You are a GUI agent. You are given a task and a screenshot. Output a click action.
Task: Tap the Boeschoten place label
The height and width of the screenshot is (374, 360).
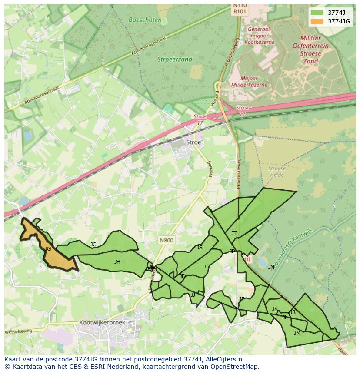coord(145,20)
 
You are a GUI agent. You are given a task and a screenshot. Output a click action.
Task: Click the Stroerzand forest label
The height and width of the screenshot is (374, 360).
coord(175,60)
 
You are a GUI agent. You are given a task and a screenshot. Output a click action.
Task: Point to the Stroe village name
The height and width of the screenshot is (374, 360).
coord(193,142)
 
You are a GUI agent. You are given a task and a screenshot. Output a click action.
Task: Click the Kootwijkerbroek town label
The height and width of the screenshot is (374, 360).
coord(102,323)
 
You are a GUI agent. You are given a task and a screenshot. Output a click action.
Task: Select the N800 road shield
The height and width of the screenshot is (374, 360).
coord(166,240)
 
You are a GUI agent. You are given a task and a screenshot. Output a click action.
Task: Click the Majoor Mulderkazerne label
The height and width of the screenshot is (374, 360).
coord(249,82)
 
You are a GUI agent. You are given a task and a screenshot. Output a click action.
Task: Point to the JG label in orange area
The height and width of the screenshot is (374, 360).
coord(48,249)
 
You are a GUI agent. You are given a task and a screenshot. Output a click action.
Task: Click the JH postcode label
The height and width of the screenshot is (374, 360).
coord(117,261)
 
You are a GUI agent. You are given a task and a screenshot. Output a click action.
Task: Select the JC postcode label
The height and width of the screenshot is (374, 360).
coord(93,245)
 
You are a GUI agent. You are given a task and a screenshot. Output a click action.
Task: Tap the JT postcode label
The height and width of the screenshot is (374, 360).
coord(234,233)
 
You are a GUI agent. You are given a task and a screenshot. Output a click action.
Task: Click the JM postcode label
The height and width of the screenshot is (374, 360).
coord(297,333)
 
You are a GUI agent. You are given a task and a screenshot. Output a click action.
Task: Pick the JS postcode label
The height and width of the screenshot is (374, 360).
coord(200,248)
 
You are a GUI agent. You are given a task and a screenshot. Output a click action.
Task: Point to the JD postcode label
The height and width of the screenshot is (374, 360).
coord(183,276)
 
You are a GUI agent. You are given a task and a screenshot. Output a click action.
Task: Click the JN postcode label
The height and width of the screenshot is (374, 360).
coord(271,267)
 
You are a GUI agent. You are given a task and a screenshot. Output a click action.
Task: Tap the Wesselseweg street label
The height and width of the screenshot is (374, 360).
coord(18,331)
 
